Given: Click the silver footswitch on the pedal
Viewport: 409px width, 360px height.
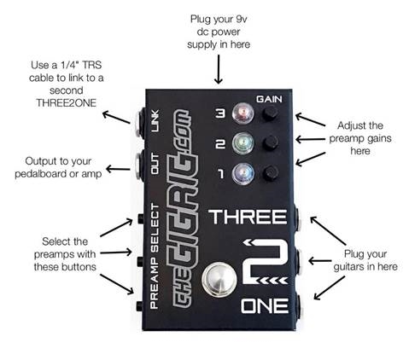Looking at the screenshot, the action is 219,279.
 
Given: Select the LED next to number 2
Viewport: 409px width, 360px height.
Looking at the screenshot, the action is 242,143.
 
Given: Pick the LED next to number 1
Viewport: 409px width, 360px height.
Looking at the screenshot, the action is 242,173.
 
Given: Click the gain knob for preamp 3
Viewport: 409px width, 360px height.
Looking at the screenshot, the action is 270,113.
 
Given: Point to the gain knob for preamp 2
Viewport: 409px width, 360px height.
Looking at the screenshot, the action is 270,143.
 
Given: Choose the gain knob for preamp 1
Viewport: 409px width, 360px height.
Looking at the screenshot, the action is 270,173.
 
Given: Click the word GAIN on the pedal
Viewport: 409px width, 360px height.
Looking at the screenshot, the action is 269,99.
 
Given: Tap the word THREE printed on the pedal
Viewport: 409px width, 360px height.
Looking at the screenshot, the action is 248,218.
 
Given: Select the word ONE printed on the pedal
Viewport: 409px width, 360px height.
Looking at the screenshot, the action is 265,306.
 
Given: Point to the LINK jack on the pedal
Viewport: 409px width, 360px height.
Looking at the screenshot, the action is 141,124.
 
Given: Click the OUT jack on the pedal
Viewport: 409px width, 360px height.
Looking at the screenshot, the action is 139,166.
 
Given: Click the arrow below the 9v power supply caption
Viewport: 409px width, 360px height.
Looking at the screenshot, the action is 219,69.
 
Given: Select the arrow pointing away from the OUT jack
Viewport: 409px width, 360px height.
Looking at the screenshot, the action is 119,169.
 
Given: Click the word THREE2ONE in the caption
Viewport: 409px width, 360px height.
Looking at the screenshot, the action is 66,103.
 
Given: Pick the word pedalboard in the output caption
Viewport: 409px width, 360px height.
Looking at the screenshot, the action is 41,174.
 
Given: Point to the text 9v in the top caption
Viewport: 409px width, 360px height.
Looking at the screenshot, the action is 242,20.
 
